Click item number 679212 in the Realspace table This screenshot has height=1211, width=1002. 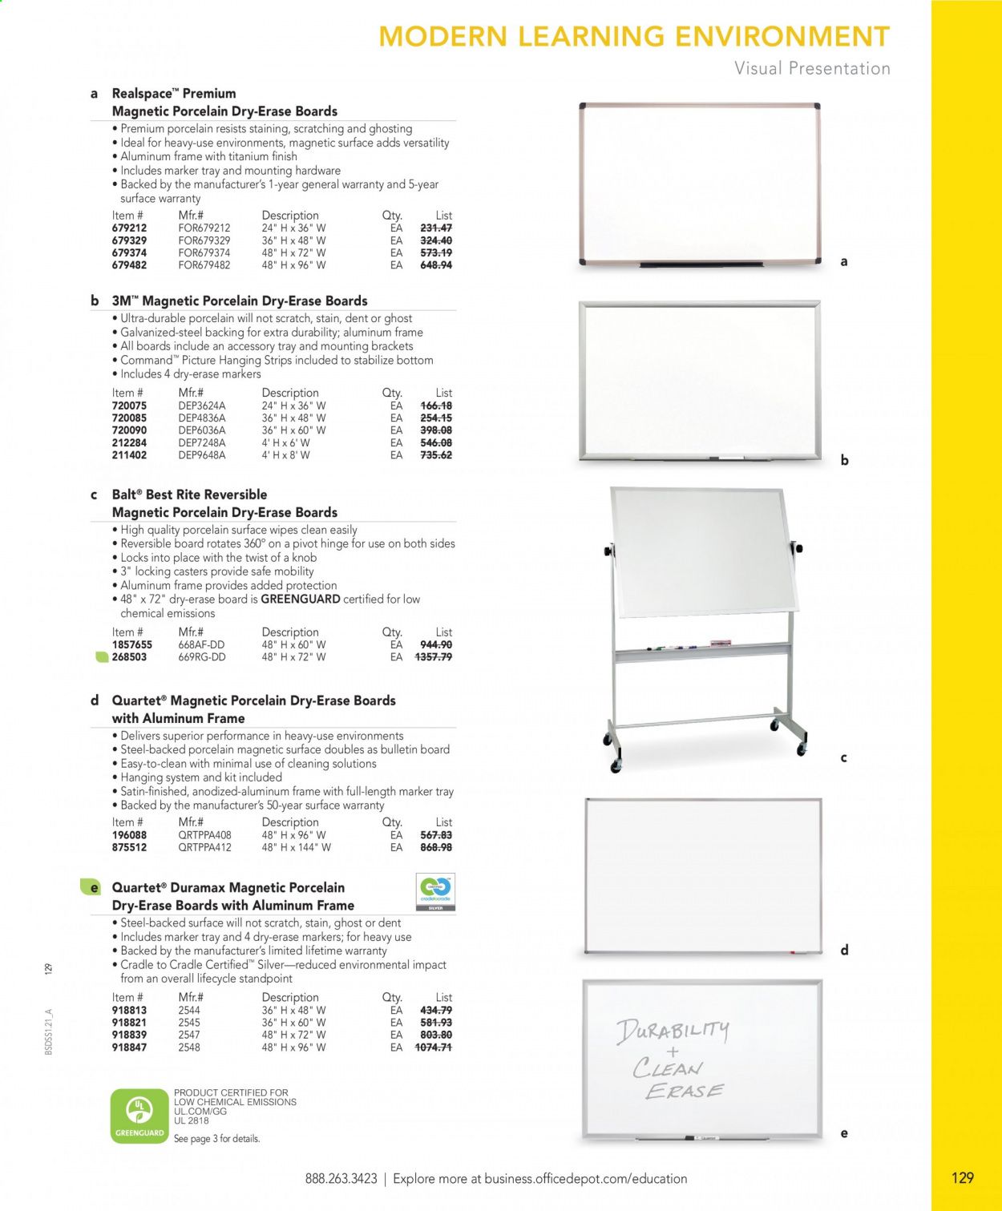point(129,228)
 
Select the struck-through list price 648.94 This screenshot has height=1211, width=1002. point(436,265)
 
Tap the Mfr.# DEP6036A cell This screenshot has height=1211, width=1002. point(201,430)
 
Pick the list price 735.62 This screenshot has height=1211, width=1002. point(436,455)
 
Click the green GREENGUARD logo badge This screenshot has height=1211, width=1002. point(139,1116)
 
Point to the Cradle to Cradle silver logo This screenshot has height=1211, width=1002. point(436,893)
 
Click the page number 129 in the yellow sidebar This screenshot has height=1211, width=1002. point(962,1177)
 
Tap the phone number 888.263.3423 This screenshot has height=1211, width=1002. point(341,1179)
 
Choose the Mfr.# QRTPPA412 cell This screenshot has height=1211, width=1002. point(204,847)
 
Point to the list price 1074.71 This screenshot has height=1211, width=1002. point(433,1048)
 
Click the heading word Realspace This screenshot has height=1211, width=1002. point(141,94)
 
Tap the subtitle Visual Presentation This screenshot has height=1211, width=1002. point(812,69)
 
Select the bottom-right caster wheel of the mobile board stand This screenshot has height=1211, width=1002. point(800,749)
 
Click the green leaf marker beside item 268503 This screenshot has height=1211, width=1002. point(102,657)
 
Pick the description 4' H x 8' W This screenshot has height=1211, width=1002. point(285,455)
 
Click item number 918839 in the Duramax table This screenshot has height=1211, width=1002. point(129,1035)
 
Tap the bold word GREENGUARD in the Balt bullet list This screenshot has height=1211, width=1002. point(301,599)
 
